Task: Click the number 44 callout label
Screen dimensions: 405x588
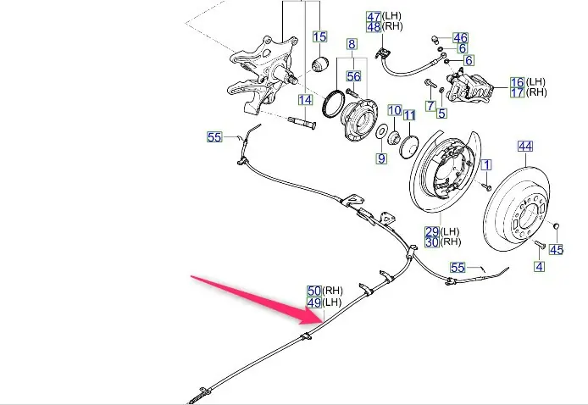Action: click(526, 147)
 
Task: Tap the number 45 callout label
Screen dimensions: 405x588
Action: click(557, 249)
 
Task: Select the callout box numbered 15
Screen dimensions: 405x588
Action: click(319, 36)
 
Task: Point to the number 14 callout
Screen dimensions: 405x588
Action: click(305, 100)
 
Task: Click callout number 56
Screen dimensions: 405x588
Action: click(353, 75)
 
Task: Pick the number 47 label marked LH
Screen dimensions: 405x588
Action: click(374, 16)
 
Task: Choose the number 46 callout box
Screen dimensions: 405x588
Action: click(460, 38)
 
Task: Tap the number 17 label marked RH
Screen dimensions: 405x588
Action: click(517, 92)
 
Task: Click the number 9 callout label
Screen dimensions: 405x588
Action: click(381, 158)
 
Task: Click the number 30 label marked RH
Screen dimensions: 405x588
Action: click(432, 241)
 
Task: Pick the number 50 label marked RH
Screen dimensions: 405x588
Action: click(313, 291)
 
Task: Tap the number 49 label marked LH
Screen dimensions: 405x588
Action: click(313, 302)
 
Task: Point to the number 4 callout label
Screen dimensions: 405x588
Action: click(540, 265)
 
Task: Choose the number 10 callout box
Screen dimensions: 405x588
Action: click(394, 110)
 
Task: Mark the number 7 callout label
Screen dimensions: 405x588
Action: click(430, 106)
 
